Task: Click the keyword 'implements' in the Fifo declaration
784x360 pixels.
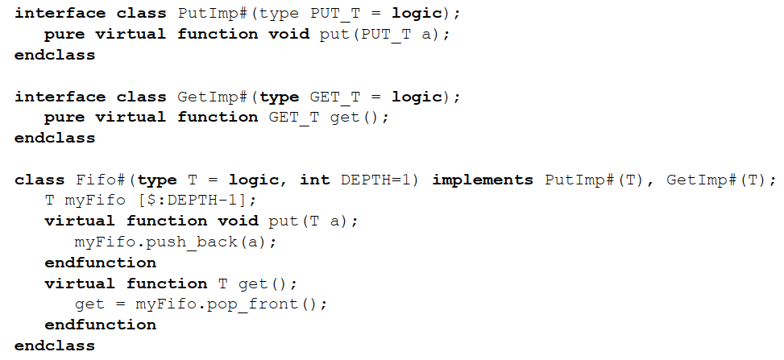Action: coord(483,180)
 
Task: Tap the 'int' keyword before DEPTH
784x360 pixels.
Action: coord(315,180)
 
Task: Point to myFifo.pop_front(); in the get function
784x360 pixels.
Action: coord(231,304)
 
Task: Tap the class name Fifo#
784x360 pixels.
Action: coord(100,180)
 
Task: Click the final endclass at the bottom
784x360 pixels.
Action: coord(55,346)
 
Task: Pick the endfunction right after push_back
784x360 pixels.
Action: coord(100,263)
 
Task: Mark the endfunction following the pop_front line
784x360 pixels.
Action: coord(100,325)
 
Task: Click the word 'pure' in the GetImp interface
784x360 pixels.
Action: coord(64,117)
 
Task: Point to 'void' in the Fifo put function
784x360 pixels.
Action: coord(238,221)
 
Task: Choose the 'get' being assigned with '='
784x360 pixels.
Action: coord(89,304)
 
